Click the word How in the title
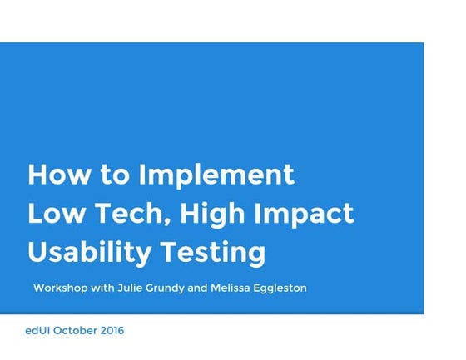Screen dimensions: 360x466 coord(59,175)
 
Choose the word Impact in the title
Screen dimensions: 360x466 coord(307,214)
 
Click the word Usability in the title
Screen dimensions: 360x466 coord(87,251)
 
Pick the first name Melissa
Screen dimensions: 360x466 coord(254,288)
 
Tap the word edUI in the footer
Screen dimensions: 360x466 coord(38,331)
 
